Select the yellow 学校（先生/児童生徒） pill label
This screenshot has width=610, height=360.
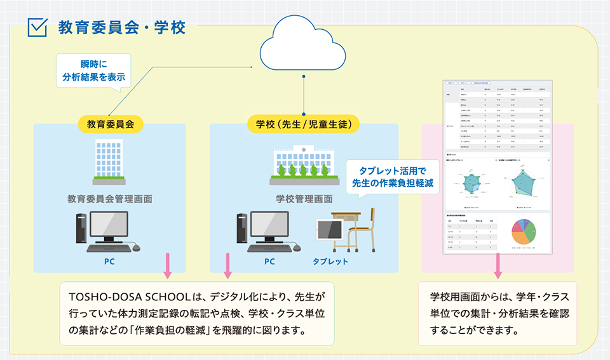(304, 123)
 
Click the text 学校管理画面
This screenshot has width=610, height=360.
(304, 199)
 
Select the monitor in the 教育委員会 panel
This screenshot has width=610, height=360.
(108, 229)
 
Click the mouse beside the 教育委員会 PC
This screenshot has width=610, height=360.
(135, 248)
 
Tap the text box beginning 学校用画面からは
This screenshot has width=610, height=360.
(498, 314)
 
